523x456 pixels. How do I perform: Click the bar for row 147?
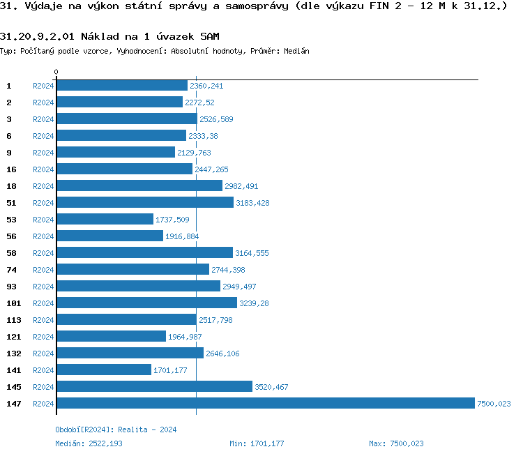click(x=265, y=403)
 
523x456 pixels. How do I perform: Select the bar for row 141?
click(x=104, y=370)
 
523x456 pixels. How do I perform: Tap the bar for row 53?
click(x=105, y=219)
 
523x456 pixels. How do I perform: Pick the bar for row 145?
click(x=154, y=386)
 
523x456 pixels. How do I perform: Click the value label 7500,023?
click(x=494, y=404)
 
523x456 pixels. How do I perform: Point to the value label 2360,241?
click(x=206, y=86)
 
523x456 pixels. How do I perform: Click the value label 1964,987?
click(x=185, y=337)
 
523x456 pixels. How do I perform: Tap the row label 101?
click(x=14, y=303)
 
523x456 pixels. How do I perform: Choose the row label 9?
click(x=9, y=152)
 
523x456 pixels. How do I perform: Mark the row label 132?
click(x=14, y=353)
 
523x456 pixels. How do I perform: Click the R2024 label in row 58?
click(x=43, y=253)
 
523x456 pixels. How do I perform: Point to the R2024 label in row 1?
click(x=43, y=86)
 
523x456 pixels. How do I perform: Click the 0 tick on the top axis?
click(x=56, y=72)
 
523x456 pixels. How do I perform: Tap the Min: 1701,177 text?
click(x=256, y=443)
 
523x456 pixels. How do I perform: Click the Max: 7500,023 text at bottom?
click(x=396, y=443)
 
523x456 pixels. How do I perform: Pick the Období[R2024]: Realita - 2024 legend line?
click(x=116, y=430)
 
